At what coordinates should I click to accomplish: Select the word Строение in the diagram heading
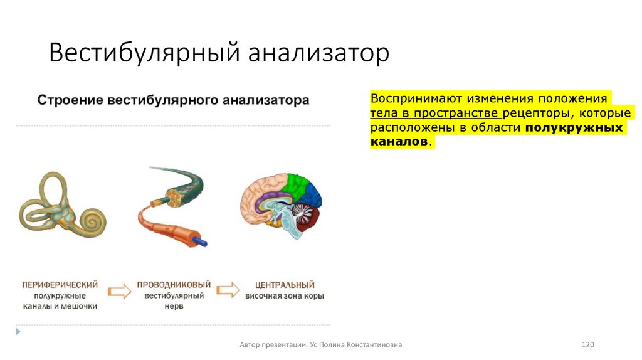[69, 100]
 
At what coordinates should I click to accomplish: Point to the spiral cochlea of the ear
[93, 219]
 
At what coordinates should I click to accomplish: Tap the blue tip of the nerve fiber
[202, 241]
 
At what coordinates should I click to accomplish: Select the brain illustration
[282, 204]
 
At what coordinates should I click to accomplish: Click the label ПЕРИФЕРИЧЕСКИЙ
[60, 285]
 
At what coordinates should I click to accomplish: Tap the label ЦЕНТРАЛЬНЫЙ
[285, 285]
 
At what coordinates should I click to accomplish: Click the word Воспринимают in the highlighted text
[407, 99]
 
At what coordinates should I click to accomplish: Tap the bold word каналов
[399, 142]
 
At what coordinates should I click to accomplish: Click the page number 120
[587, 344]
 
